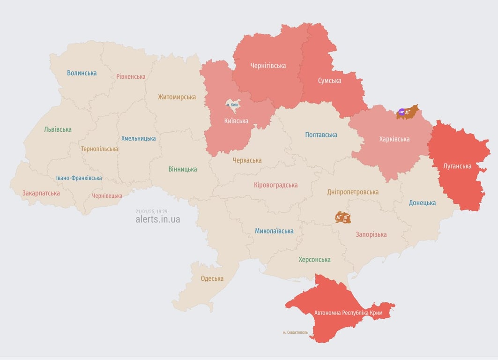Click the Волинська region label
pos(82,73)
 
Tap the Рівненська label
pos(131,76)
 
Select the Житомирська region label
pos(177,97)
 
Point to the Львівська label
pos(58,129)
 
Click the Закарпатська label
pos(41,193)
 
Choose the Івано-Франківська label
pos(79,178)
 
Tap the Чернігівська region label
pos(268,66)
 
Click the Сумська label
pos(329,81)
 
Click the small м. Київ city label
pos(232,105)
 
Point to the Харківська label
pos(394,139)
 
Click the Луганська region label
pos(457,166)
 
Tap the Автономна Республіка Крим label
pos(348,313)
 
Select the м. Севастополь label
pos(296,332)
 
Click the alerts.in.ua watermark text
pos(157,219)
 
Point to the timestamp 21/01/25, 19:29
pos(151,211)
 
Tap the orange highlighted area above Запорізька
pos(343,217)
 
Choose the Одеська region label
pos(212,278)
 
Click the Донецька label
pos(422,203)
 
